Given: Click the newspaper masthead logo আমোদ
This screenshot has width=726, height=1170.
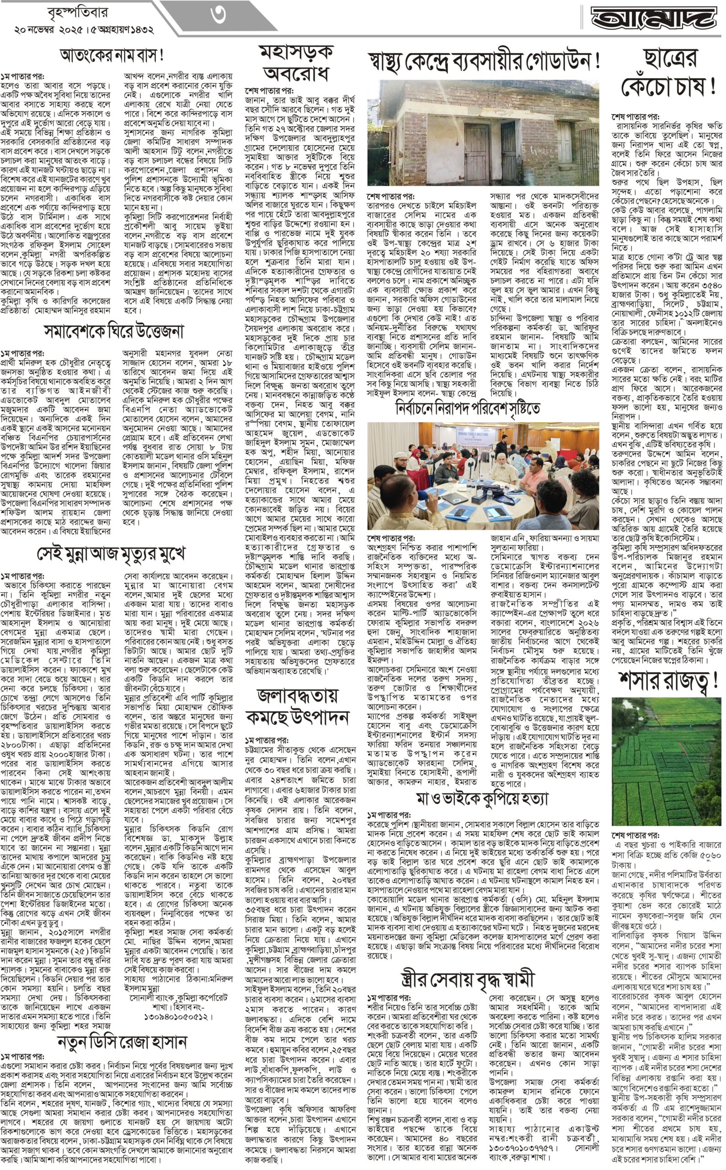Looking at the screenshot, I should click(x=656, y=18).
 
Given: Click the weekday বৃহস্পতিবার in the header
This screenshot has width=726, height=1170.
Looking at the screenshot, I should click(x=78, y=12).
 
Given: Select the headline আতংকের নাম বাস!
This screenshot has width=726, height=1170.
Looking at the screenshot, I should click(x=112, y=55).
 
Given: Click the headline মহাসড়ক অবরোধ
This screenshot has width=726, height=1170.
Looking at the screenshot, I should click(x=297, y=63).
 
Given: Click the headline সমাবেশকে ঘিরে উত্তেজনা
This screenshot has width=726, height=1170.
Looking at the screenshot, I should click(x=114, y=331).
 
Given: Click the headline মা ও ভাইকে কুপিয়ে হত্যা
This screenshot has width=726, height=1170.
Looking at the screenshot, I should click(x=482, y=799).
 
